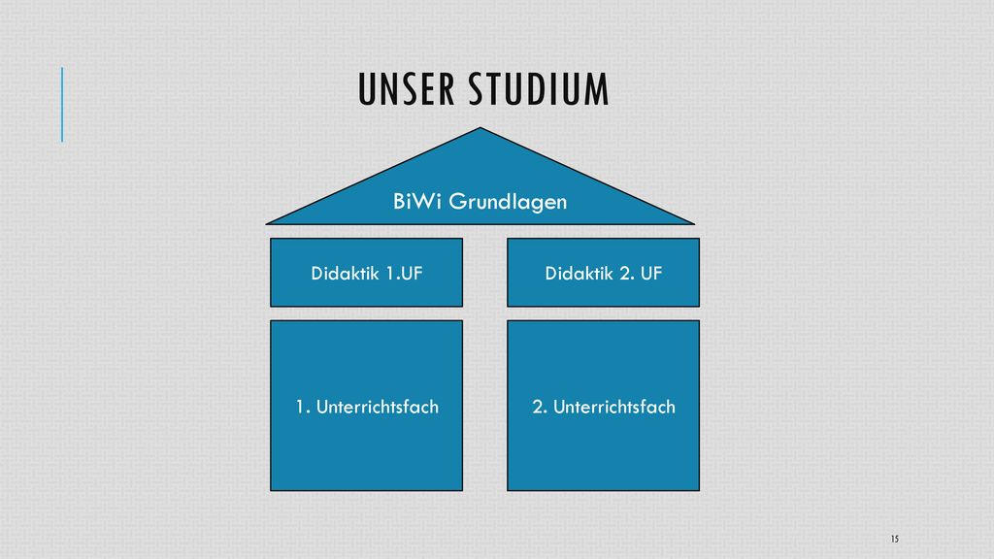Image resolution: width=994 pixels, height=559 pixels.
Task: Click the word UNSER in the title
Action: [407, 89]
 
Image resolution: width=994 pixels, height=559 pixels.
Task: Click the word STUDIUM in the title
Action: [539, 89]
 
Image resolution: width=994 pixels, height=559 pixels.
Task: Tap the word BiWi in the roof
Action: [417, 202]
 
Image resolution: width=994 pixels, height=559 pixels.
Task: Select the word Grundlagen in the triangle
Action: [508, 203]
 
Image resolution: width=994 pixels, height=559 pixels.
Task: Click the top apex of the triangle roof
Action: [480, 127]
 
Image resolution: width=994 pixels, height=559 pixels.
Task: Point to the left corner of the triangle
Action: [266, 224]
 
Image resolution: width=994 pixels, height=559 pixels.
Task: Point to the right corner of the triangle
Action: [695, 224]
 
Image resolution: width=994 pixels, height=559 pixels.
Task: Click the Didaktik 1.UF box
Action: [366, 273]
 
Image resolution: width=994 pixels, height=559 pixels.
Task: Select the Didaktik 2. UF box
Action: [604, 273]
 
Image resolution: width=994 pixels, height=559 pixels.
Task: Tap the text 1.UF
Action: [404, 273]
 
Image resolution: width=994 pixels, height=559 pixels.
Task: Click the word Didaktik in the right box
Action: [579, 273]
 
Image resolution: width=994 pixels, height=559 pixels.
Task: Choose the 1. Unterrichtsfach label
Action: [367, 407]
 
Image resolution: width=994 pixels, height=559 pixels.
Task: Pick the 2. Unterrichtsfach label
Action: [604, 407]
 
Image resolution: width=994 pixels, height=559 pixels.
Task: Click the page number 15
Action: [894, 539]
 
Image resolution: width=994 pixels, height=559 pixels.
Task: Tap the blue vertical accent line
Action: [62, 105]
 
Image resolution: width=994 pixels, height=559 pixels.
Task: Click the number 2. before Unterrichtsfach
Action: [540, 407]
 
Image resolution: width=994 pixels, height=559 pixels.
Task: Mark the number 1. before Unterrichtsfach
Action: [303, 407]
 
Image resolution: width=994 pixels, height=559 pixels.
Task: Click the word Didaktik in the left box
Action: [345, 273]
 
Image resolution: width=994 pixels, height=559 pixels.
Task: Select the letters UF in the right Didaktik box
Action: [651, 273]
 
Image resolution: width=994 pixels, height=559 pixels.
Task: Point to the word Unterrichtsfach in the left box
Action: [378, 407]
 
